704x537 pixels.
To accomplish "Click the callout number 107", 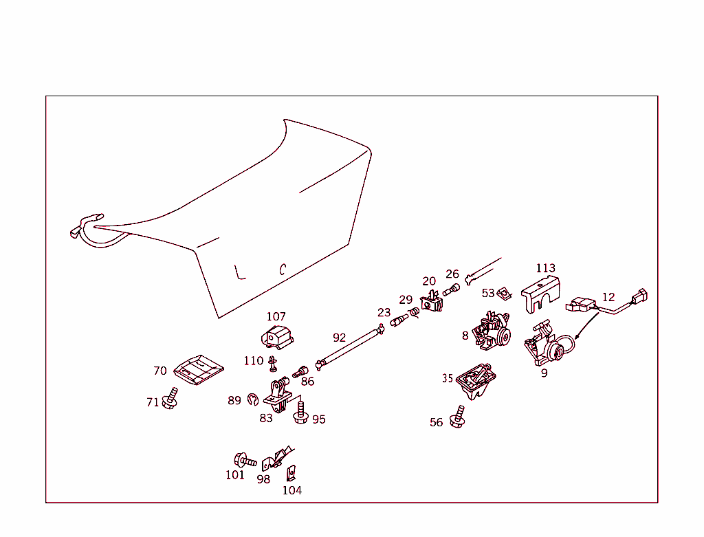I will [x=276, y=316].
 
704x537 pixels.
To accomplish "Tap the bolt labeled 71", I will [x=170, y=399].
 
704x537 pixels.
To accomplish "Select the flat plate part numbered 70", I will [x=198, y=371].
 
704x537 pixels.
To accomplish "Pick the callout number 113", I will [x=545, y=268].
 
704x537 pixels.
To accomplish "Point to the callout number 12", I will [x=608, y=297].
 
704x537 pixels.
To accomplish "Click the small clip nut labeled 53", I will [x=505, y=294].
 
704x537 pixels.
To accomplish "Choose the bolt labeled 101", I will [x=244, y=459].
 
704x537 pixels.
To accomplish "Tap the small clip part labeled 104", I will [x=291, y=473].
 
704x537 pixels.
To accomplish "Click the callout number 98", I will [x=263, y=479].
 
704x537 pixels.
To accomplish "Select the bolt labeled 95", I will [x=300, y=414].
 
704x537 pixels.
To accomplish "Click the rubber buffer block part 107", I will [x=276, y=337].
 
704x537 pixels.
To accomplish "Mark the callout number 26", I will [x=452, y=274].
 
